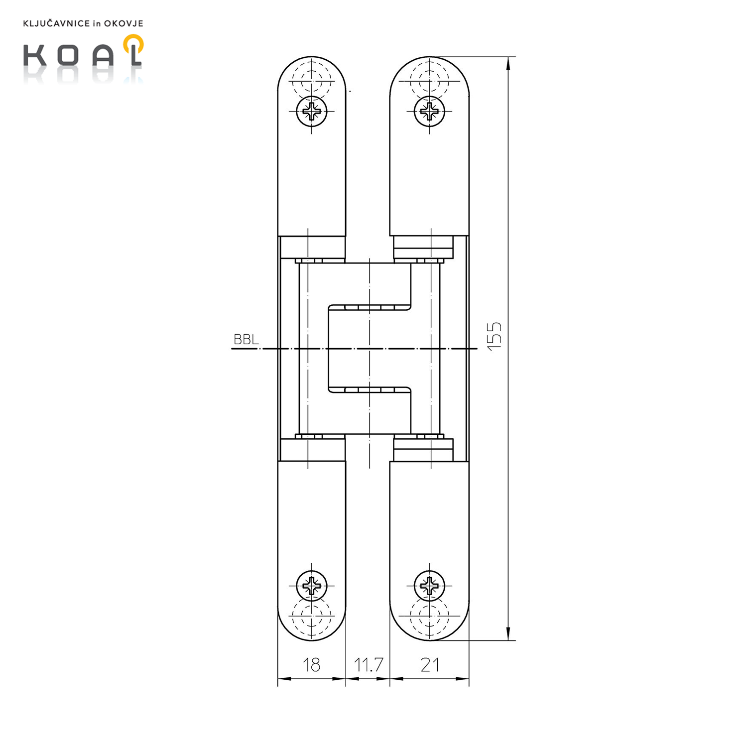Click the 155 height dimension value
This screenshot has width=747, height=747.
tap(494, 337)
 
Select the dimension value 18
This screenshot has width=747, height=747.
tap(312, 665)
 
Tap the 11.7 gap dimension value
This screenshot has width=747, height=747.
tap(369, 665)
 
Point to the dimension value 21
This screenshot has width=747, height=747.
tap(430, 665)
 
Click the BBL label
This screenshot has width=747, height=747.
tap(246, 340)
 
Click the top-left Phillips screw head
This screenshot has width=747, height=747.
tap(312, 111)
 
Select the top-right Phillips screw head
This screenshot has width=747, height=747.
tap(429, 111)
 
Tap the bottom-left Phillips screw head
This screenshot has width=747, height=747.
tap(312, 586)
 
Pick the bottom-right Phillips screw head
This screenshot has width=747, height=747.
tap(429, 586)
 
